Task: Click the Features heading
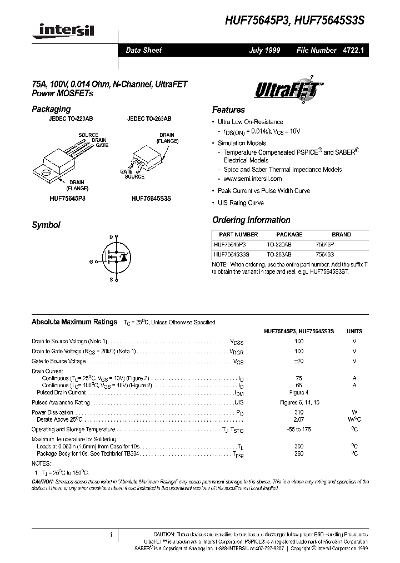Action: pos(228,110)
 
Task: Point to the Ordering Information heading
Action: pos(251,220)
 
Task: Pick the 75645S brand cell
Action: pos(341,253)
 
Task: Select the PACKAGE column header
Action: pos(289,235)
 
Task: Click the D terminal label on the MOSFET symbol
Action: pos(111,237)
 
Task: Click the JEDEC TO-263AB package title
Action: pos(149,119)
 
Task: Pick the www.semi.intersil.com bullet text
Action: pos(253,179)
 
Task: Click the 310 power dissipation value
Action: pos(299,412)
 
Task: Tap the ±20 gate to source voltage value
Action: pos(299,361)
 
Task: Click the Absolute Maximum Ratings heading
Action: pos(74,322)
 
